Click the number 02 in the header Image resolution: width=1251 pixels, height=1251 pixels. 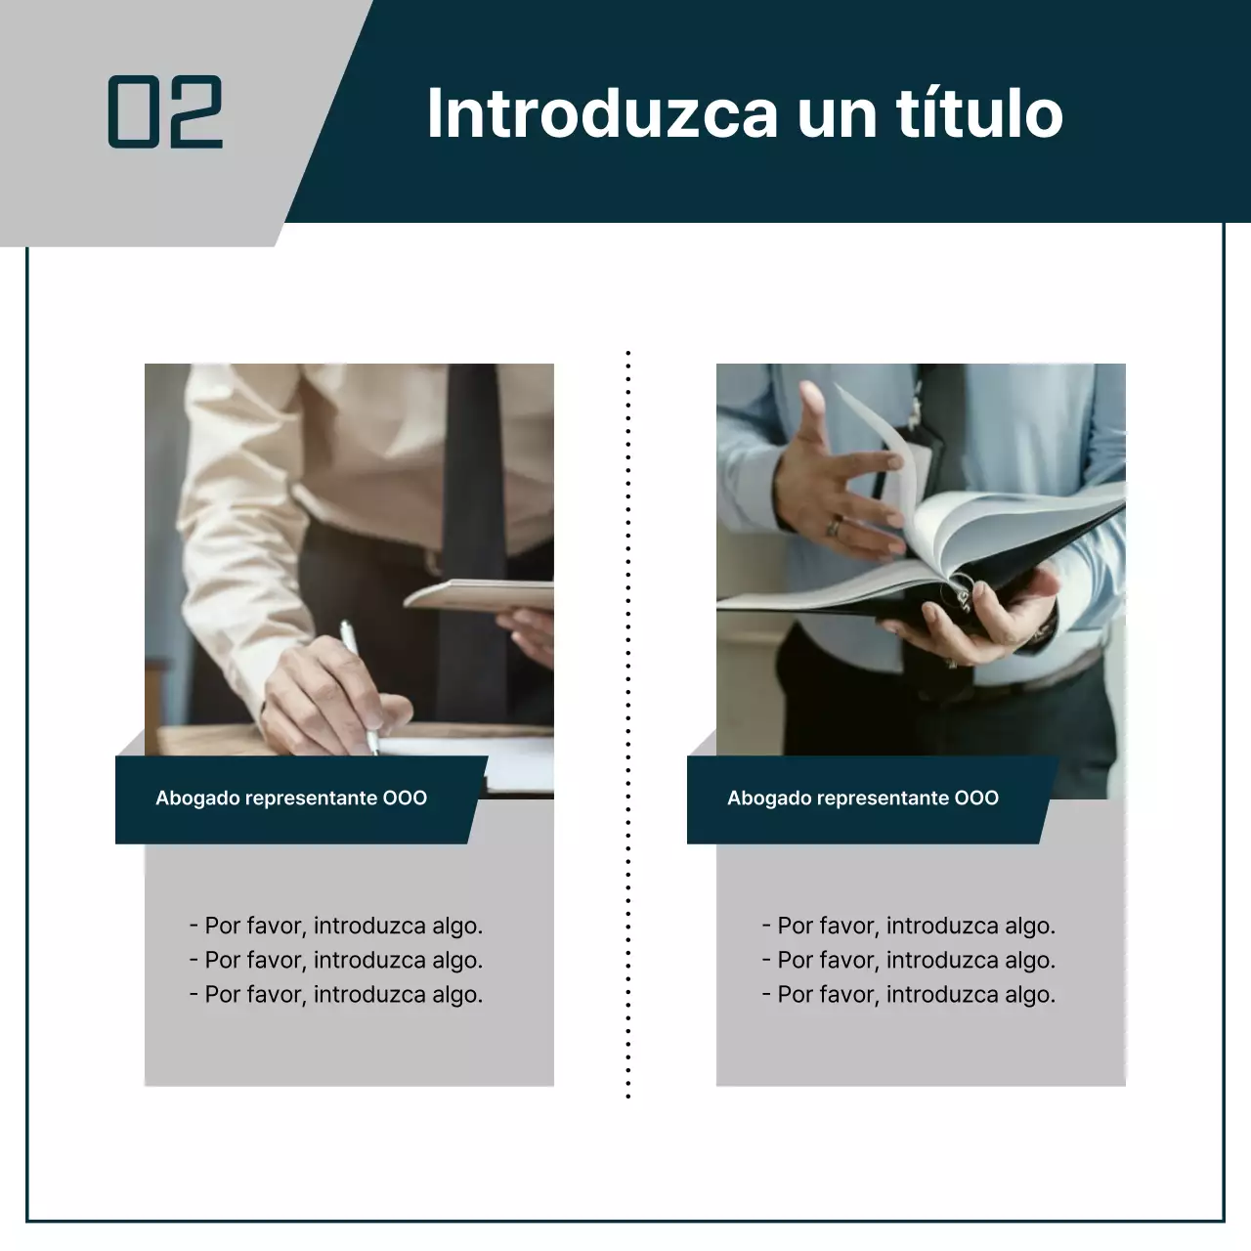[165, 112]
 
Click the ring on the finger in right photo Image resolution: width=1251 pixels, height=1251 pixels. [834, 527]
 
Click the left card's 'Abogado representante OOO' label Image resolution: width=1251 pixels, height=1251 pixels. [291, 798]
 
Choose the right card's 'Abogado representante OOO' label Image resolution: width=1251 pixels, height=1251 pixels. [863, 798]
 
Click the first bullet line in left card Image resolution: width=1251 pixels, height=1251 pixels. [336, 926]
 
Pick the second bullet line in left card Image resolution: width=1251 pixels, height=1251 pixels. [336, 960]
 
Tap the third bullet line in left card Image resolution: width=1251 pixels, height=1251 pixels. [336, 995]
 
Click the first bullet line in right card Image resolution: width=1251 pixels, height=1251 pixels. [909, 926]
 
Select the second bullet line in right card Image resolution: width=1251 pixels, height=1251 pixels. [909, 960]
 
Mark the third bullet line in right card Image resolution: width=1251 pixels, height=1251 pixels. [909, 995]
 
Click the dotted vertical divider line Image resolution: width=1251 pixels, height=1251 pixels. [627, 723]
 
